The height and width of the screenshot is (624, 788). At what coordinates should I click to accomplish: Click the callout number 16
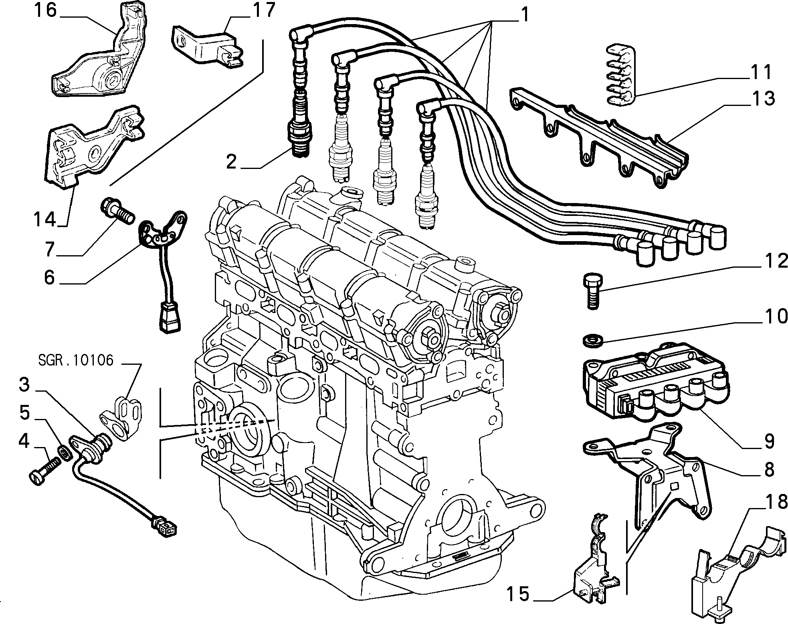pyautogui.click(x=46, y=11)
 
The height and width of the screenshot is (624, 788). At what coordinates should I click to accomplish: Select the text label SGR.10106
pyautogui.click(x=76, y=360)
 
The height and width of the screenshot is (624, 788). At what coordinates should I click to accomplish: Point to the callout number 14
pyautogui.click(x=45, y=220)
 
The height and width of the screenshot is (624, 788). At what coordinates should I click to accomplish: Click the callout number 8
pyautogui.click(x=769, y=469)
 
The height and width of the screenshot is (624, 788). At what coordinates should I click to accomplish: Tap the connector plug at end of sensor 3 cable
pyautogui.click(x=164, y=527)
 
